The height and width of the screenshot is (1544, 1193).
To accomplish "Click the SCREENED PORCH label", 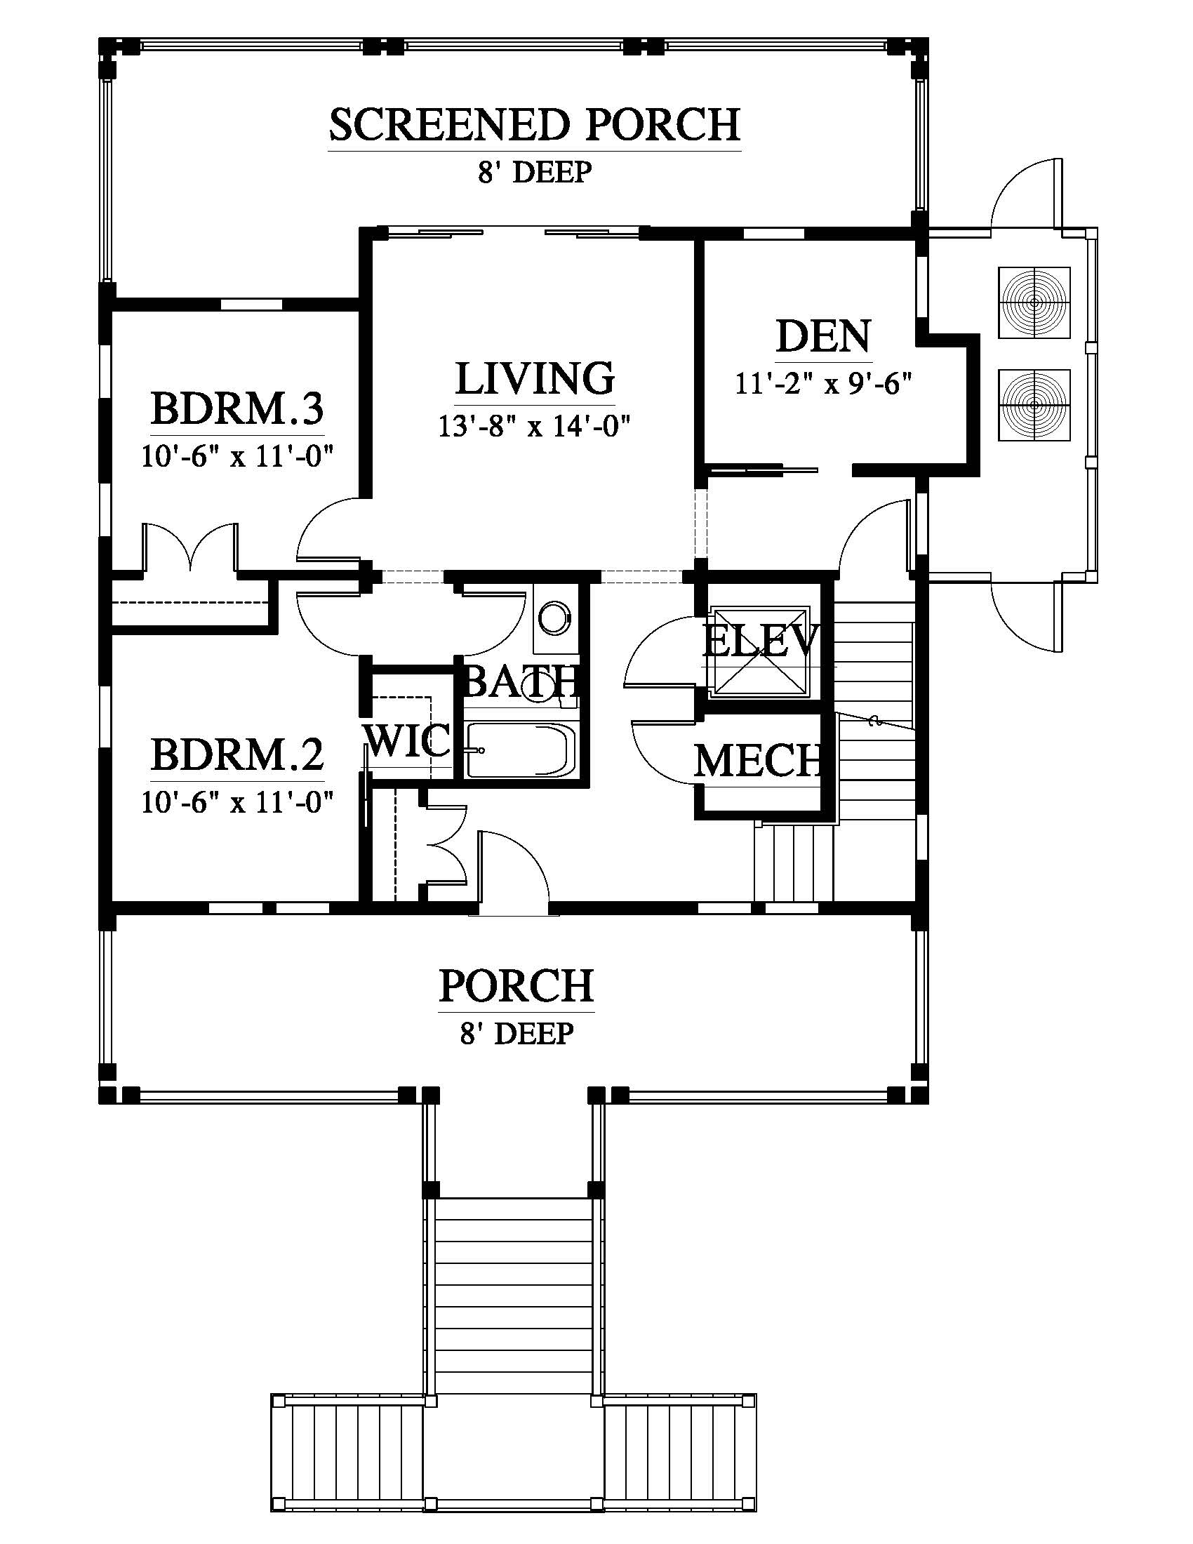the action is pos(534,124).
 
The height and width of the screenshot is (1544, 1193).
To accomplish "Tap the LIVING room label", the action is pos(534,378).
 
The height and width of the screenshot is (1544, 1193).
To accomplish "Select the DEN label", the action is pos(823,336).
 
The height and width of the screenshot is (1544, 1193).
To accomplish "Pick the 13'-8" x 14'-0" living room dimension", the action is pos(534,426).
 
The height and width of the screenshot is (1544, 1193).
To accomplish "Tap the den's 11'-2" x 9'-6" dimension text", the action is pos(823,384).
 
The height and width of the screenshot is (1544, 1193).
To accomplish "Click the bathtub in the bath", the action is pos(521,750).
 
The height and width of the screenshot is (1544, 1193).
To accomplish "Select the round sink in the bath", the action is pos(553,618).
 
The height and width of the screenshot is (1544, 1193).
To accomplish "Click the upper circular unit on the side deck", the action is pos(1034,302).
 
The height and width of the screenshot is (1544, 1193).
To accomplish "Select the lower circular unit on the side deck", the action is pos(1034,404).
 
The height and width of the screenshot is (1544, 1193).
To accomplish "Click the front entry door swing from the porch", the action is pos(514,867).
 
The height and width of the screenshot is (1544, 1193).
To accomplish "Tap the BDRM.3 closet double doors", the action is pos(190,547).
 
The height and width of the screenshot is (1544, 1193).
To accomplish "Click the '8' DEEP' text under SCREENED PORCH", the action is pos(534,173).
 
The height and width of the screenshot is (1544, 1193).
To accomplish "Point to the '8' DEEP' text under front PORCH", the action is pos(516,1034).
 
